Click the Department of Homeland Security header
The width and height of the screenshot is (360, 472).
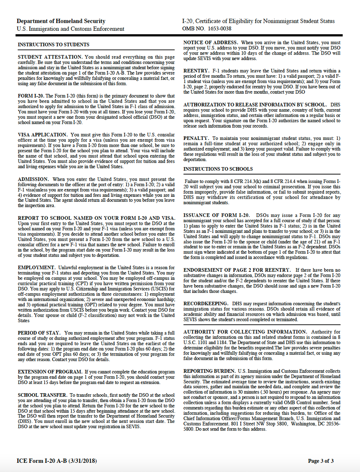61,21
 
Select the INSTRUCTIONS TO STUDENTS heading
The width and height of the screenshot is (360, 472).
53,45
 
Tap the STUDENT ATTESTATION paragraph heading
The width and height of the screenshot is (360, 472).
50,57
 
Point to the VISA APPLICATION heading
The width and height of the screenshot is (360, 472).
43,135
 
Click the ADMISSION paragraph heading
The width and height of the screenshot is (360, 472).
33,179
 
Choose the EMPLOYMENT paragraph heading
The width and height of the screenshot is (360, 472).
37,267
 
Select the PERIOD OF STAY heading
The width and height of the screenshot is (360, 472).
40,332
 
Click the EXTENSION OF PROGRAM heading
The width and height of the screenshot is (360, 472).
50,372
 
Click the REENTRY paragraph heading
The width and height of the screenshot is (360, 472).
196,71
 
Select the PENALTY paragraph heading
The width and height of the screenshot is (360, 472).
196,138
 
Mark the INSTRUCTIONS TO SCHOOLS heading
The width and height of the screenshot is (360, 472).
218,169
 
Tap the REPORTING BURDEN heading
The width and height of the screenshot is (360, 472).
210,371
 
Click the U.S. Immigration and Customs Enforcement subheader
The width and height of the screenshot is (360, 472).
70,29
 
